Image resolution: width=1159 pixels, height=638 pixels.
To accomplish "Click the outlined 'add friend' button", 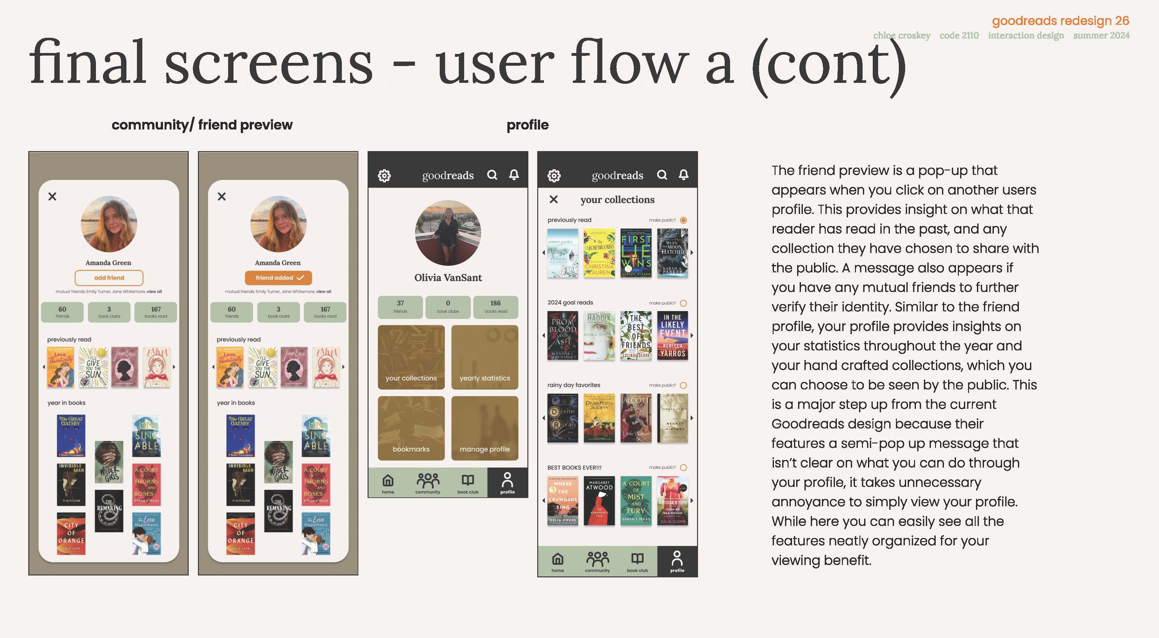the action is (109, 278).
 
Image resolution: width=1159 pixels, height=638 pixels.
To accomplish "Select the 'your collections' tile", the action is (411, 357).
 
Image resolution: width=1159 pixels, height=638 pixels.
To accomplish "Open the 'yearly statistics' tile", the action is (485, 357).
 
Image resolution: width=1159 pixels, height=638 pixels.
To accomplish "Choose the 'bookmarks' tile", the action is (411, 428).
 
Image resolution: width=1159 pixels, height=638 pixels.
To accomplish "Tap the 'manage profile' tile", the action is (485, 428).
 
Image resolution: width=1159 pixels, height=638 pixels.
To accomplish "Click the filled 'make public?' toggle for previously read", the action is (683, 220).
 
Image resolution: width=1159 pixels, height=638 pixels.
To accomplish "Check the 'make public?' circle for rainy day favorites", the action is (683, 385).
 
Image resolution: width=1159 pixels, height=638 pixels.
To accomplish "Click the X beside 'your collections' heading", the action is (553, 199).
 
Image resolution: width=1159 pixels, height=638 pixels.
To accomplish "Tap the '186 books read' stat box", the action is (495, 307).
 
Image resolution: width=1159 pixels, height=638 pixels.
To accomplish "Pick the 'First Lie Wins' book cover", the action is (636, 253).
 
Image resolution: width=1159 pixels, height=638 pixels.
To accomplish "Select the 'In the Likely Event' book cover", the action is (673, 336).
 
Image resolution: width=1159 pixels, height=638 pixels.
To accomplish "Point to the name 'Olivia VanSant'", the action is (448, 278).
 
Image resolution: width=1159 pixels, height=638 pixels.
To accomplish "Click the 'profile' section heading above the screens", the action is (527, 125).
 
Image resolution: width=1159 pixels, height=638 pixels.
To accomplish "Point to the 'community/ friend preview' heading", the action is (202, 125).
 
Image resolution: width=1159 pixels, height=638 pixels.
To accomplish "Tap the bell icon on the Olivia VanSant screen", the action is (514, 175).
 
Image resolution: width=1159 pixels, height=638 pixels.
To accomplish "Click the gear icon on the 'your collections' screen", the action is (554, 175).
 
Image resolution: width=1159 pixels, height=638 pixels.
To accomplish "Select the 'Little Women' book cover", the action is (636, 418).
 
